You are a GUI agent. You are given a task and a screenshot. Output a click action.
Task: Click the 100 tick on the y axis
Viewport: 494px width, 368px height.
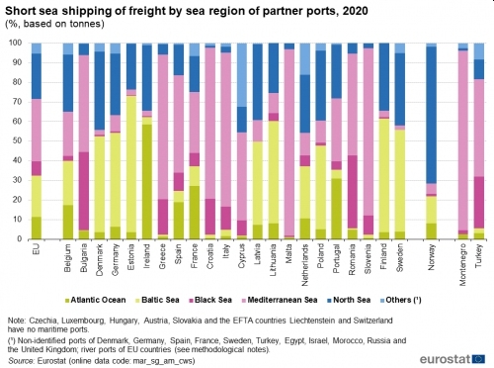[14, 44]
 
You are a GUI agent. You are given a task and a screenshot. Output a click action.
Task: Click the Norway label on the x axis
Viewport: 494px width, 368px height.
[430, 256]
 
